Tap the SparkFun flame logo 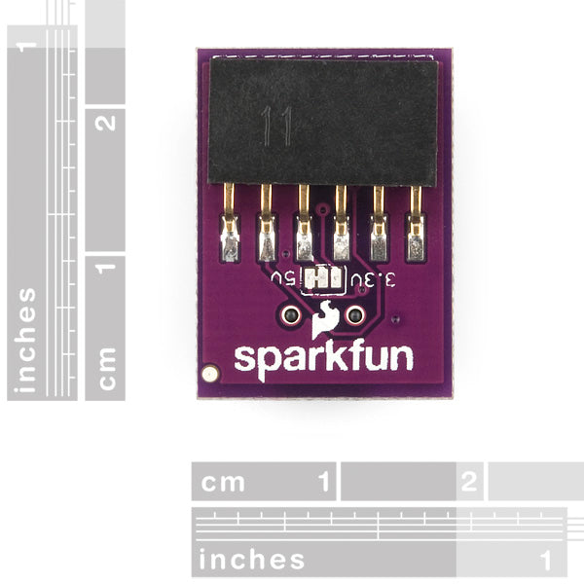point(324,319)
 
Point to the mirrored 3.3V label point(373,279)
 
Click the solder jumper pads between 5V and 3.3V point(323,278)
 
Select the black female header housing point(322,122)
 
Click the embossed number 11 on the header point(276,126)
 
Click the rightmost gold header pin point(416,223)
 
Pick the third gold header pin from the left point(305,223)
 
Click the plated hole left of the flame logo point(290,315)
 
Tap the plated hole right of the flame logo point(354,315)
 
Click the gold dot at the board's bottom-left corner point(210,373)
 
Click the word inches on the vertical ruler point(25,341)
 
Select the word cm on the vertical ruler point(107,369)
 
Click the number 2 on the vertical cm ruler point(105,123)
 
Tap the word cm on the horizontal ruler point(223,483)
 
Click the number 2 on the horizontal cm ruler point(468,481)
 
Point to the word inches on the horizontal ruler point(251,560)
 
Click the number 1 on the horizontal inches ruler point(545,561)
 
